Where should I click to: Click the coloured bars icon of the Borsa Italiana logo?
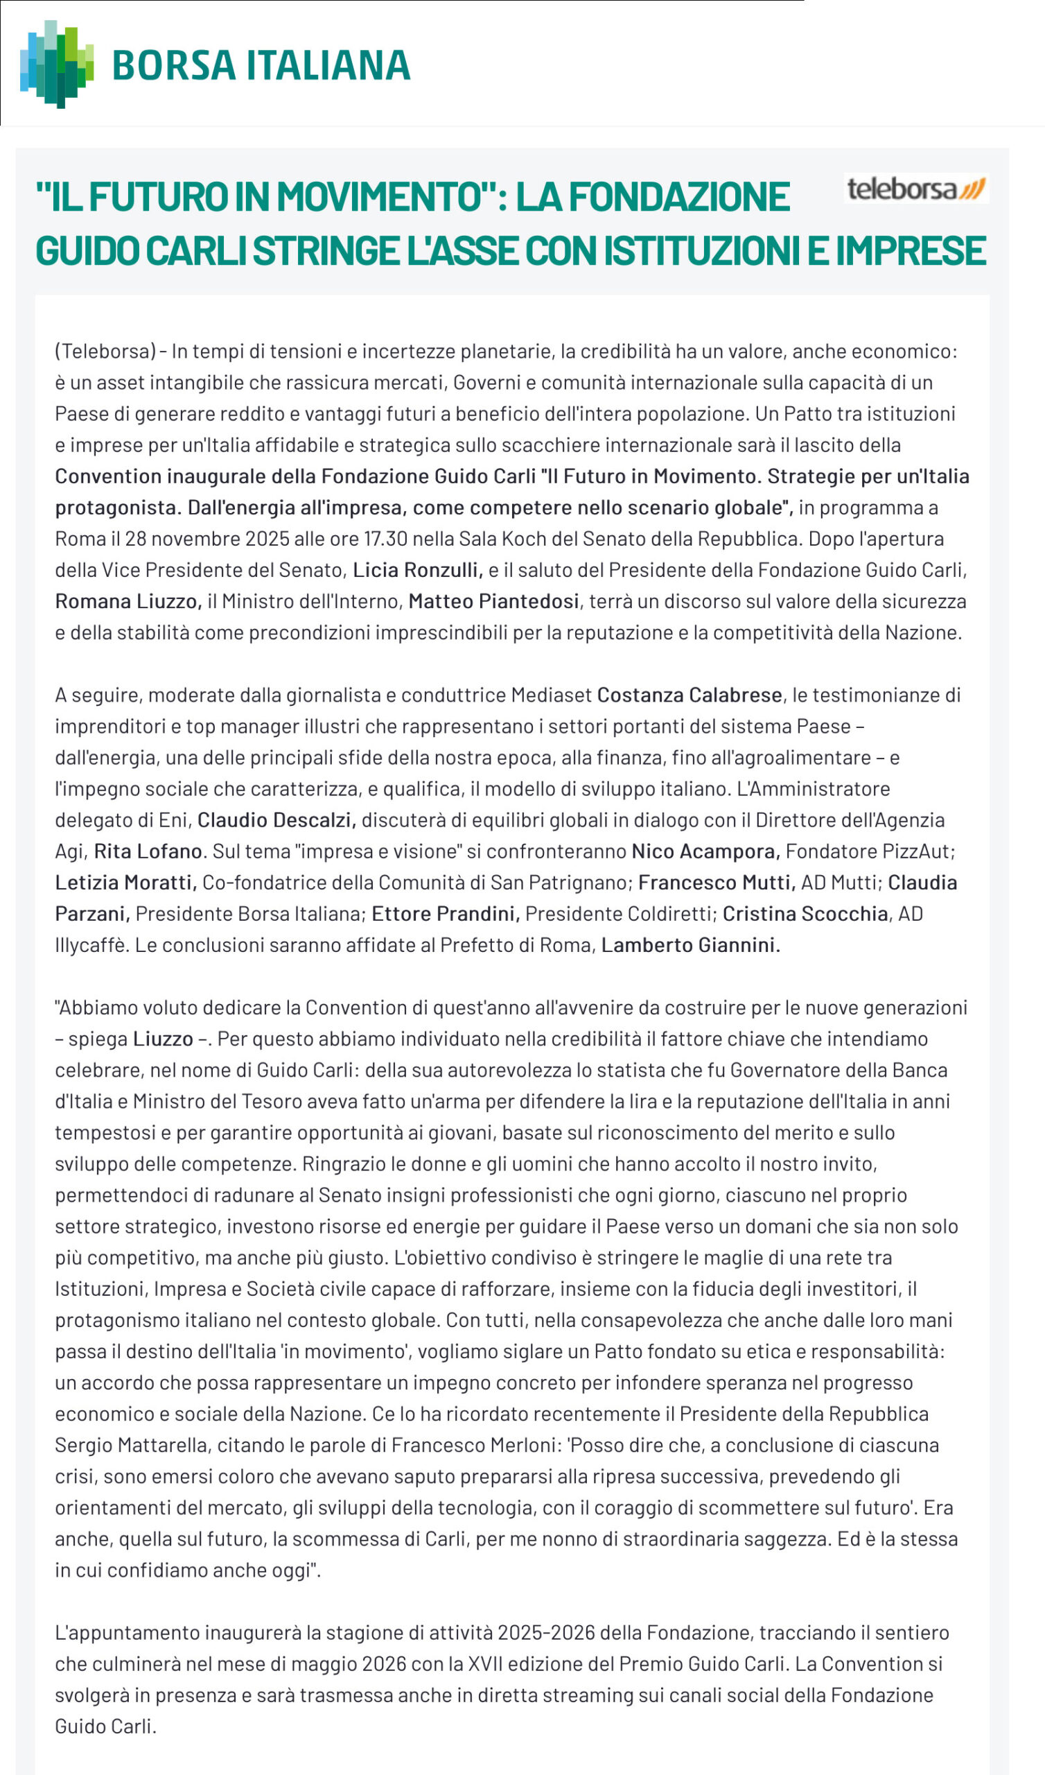56,64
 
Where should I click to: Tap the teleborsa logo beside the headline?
915,189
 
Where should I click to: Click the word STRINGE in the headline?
328,252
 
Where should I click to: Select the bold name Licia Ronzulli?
417,570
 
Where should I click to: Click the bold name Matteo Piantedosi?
493,601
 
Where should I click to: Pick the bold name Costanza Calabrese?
690,695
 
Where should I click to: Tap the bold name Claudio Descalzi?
276,820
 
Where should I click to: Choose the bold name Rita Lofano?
148,851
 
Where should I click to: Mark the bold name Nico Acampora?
705,851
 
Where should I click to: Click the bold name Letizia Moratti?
125,883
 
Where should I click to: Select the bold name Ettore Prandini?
445,914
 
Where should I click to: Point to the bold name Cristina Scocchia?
805,914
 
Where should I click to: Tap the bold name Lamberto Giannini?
690,945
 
